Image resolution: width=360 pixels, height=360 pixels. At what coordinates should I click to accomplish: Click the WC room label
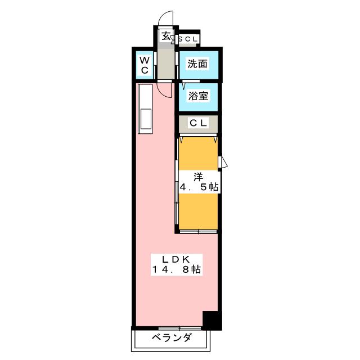[144, 65]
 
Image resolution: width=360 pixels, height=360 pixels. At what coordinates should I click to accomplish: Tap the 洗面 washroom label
[197, 64]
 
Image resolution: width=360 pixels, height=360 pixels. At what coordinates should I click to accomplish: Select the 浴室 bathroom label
[197, 96]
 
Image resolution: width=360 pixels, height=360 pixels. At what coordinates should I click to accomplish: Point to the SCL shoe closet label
[188, 39]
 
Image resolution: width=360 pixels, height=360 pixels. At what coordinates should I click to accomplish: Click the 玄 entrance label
[166, 36]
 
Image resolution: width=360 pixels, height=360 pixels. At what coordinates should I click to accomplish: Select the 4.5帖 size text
[199, 187]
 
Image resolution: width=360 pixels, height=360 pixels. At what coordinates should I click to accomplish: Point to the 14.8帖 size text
[177, 270]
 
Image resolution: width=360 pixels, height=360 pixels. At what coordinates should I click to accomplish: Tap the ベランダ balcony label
[172, 337]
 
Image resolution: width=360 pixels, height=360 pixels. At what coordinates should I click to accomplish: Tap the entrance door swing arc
[164, 19]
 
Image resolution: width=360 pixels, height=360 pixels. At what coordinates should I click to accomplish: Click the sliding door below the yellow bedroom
[197, 231]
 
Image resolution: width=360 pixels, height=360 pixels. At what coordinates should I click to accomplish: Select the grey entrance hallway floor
[166, 62]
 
